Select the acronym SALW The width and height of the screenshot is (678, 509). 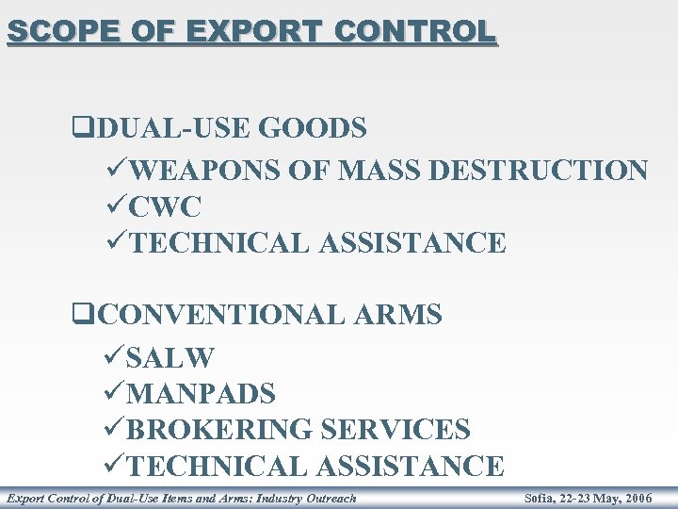pyautogui.click(x=170, y=358)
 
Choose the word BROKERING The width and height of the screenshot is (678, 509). pyautogui.click(x=220, y=430)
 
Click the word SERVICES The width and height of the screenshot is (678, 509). pyautogui.click(x=395, y=430)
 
